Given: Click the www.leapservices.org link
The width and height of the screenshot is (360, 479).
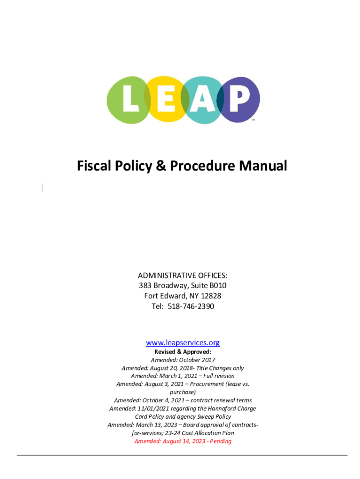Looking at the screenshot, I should tap(183, 342).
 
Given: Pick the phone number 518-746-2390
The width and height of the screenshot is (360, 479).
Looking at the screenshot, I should tap(193, 306).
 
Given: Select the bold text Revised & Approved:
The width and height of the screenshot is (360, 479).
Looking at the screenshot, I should tap(183, 351).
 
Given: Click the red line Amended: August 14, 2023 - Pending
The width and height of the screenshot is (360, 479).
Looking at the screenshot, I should tap(183, 441).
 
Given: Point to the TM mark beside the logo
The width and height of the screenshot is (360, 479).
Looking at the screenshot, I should tap(253, 120).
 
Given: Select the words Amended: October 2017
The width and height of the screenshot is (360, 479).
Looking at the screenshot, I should tap(183, 360).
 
